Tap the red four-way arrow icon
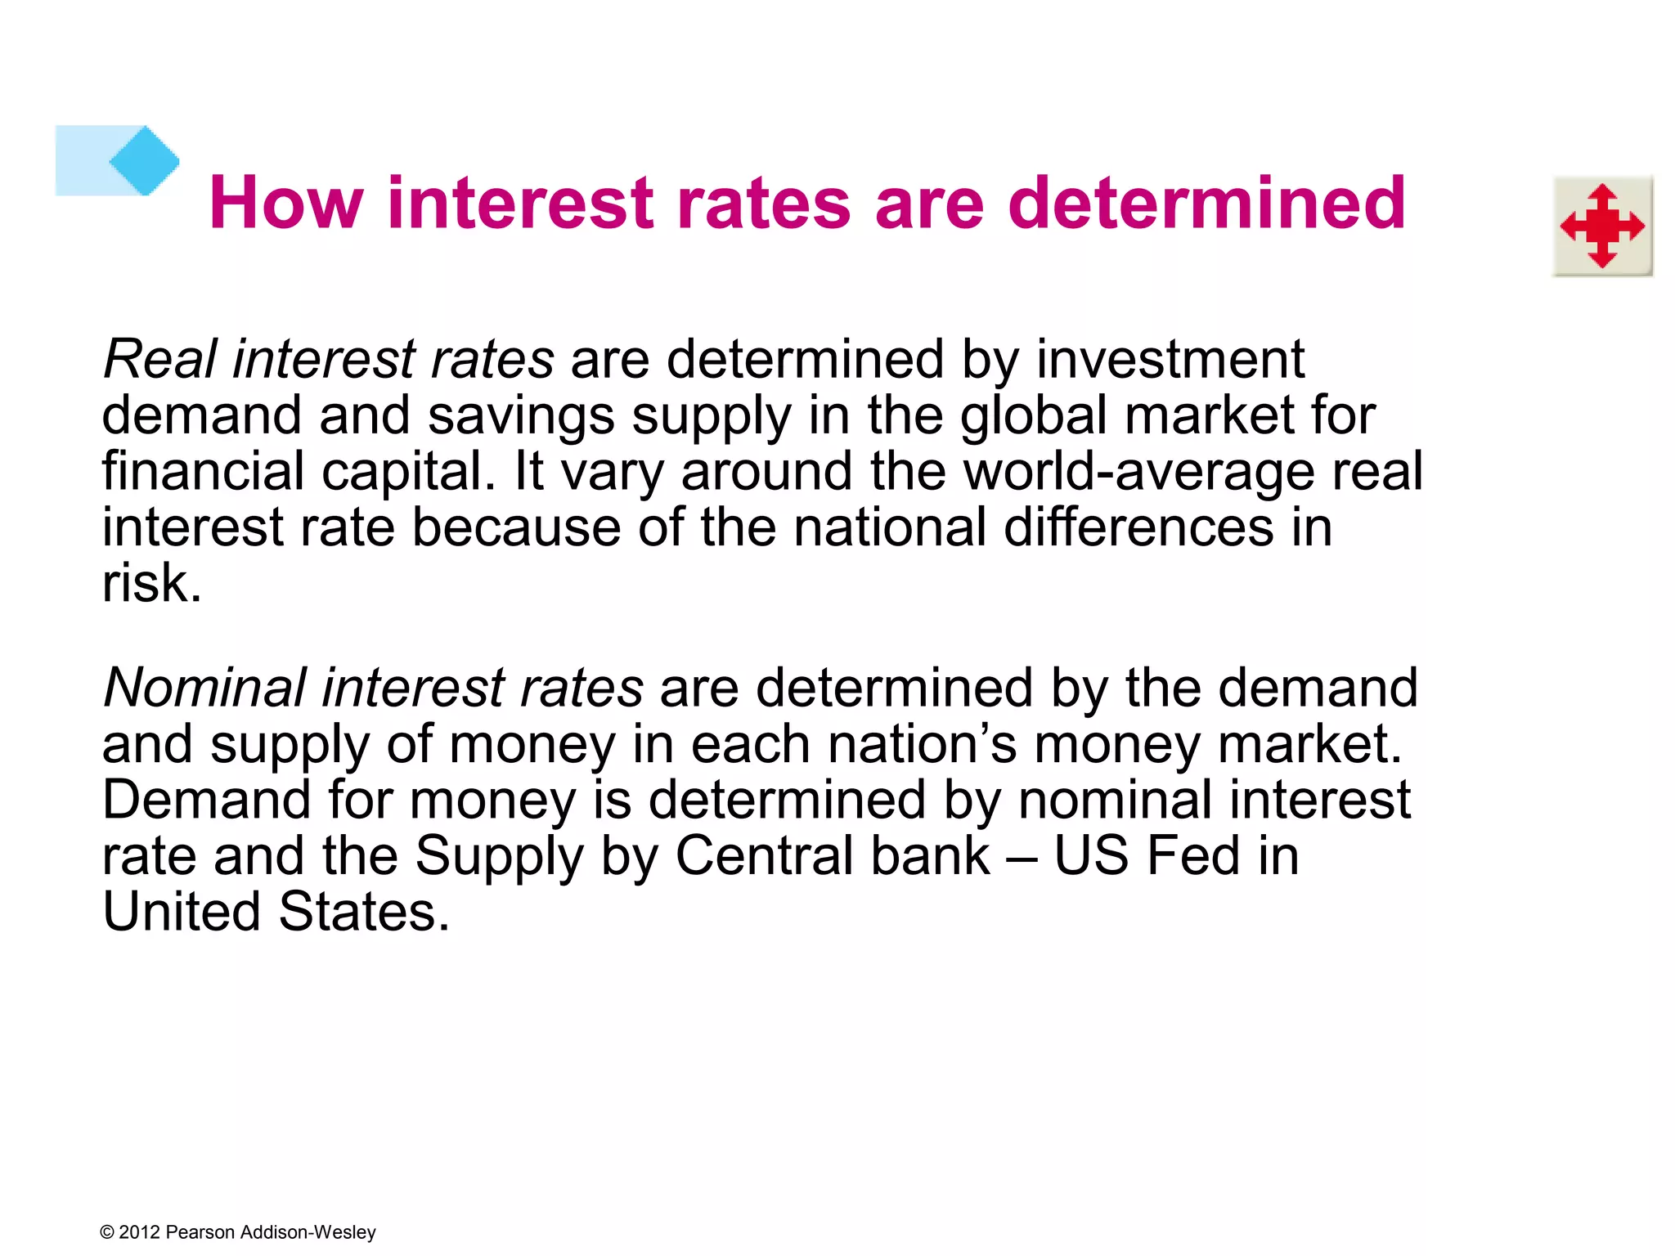click(x=1602, y=227)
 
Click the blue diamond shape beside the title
click(x=144, y=160)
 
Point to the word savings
click(x=520, y=415)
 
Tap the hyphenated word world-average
click(x=1138, y=472)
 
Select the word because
click(x=516, y=527)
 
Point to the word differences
click(x=1138, y=527)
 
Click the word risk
click(x=151, y=583)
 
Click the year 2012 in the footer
click(x=140, y=1232)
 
